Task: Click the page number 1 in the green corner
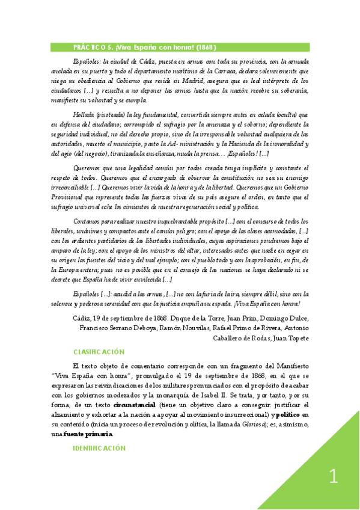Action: [334, 477]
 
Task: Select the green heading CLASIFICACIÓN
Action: [99, 352]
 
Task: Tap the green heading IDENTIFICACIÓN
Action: [99, 448]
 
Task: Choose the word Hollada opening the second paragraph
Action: [83, 112]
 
